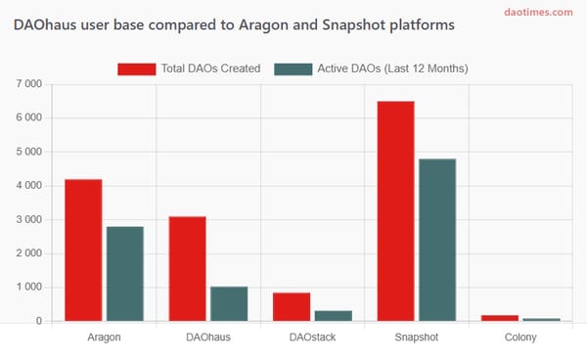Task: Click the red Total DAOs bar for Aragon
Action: point(83,250)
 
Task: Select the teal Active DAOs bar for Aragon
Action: point(125,274)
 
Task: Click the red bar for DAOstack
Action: point(292,306)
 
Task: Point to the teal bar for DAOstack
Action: point(333,315)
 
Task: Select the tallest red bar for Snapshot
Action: point(395,211)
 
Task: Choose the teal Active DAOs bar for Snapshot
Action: point(437,240)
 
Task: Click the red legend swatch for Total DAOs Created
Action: point(137,68)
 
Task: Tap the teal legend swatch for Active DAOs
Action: point(293,68)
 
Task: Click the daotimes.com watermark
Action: point(538,12)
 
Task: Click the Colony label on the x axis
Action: point(520,337)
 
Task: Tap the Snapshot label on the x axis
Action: point(416,337)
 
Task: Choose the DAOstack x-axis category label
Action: point(312,337)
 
